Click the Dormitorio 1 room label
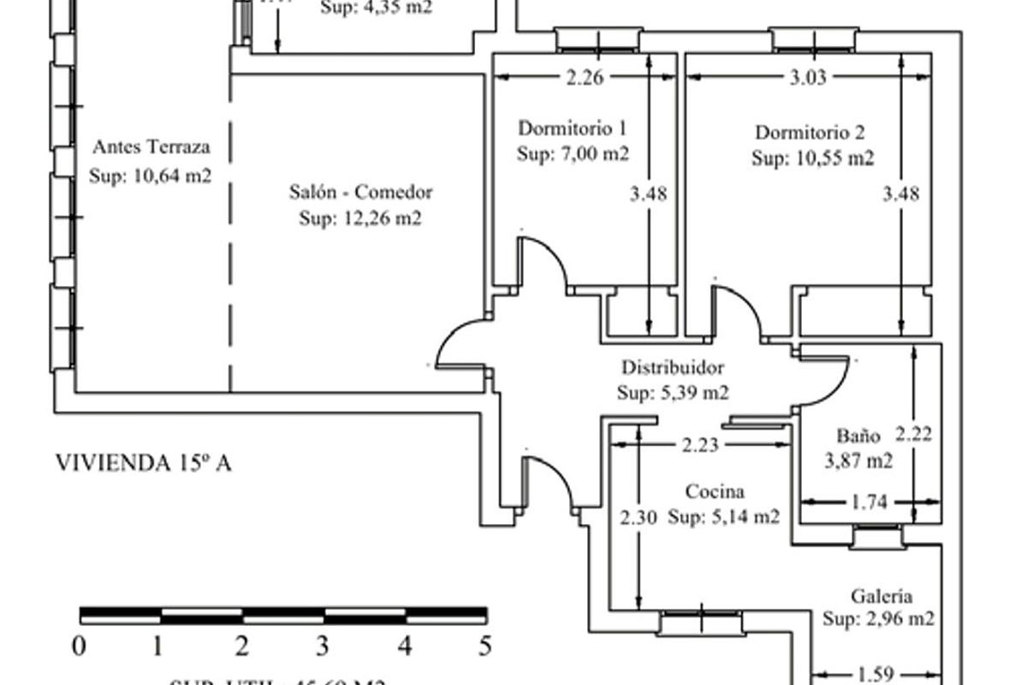(x=573, y=129)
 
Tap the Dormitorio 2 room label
(x=810, y=133)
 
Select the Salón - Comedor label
(x=360, y=192)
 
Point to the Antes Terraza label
(x=151, y=146)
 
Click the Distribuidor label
(x=673, y=368)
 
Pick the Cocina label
(x=715, y=491)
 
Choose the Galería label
(x=881, y=597)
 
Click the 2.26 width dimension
(x=585, y=78)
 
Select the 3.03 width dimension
(x=807, y=78)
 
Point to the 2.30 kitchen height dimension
(x=638, y=517)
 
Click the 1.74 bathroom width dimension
(x=870, y=503)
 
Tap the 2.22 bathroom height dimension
(x=913, y=433)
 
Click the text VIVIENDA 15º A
(x=143, y=463)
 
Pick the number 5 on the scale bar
(x=486, y=645)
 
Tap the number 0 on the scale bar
(x=79, y=645)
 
